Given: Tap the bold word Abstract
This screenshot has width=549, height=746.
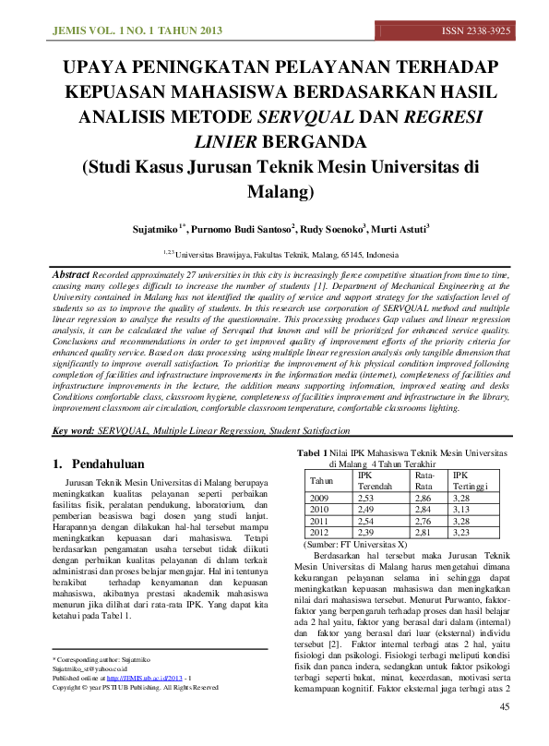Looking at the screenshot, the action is click(x=70, y=275).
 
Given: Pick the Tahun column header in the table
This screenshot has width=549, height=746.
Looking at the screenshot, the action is click(x=321, y=481).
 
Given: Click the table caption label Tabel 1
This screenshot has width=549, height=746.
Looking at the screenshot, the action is click(x=310, y=452).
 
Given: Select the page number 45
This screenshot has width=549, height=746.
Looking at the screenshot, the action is click(x=504, y=732).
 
